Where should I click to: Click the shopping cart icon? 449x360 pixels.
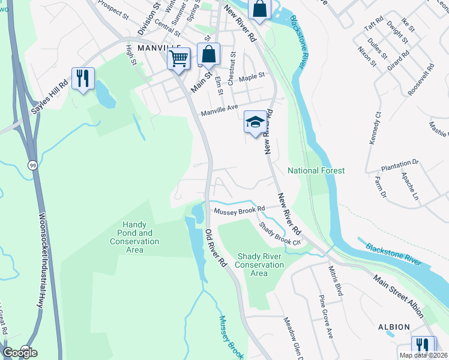[x=178, y=59]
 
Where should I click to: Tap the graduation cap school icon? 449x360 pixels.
[x=255, y=122]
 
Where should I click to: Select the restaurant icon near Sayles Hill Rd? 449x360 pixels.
[x=83, y=79]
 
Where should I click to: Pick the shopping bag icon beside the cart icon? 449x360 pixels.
[x=208, y=54]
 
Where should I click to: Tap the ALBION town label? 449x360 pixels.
[x=394, y=327]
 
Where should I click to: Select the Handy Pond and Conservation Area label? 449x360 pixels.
[x=134, y=233]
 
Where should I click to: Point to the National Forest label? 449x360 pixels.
[x=316, y=171]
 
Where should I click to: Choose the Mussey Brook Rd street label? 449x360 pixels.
[x=240, y=209]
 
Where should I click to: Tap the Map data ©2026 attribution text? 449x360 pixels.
[x=423, y=355]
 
